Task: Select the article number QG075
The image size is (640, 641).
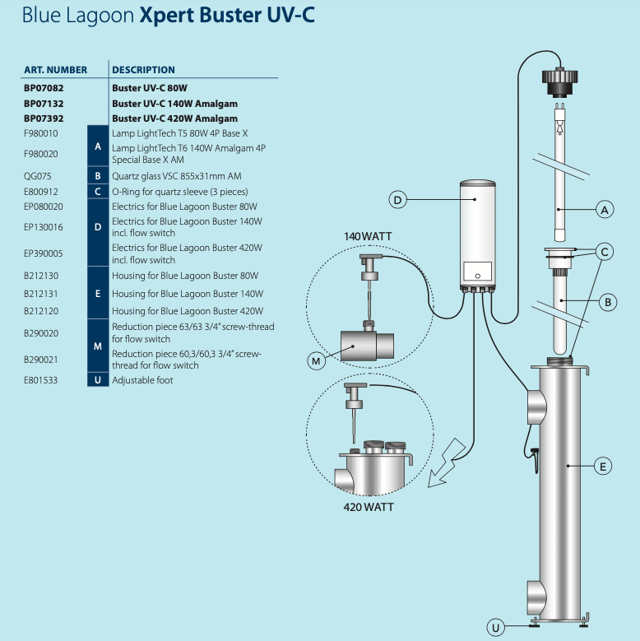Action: pyautogui.click(x=36, y=176)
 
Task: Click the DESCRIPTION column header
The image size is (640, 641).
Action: pyautogui.click(x=143, y=70)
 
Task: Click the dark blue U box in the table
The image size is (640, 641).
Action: pyautogui.click(x=98, y=380)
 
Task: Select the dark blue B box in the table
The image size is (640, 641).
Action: pyautogui.click(x=98, y=176)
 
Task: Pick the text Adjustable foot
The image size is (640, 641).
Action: pyautogui.click(x=142, y=380)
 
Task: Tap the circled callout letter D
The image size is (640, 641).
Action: pyautogui.click(x=397, y=200)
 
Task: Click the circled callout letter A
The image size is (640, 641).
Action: pyautogui.click(x=605, y=210)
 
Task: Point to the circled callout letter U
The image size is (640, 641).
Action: pyautogui.click(x=495, y=628)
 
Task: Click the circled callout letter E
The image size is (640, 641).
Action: pyautogui.click(x=603, y=467)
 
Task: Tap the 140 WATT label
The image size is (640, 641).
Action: pyautogui.click(x=368, y=236)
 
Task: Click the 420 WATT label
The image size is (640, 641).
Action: pyautogui.click(x=368, y=507)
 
